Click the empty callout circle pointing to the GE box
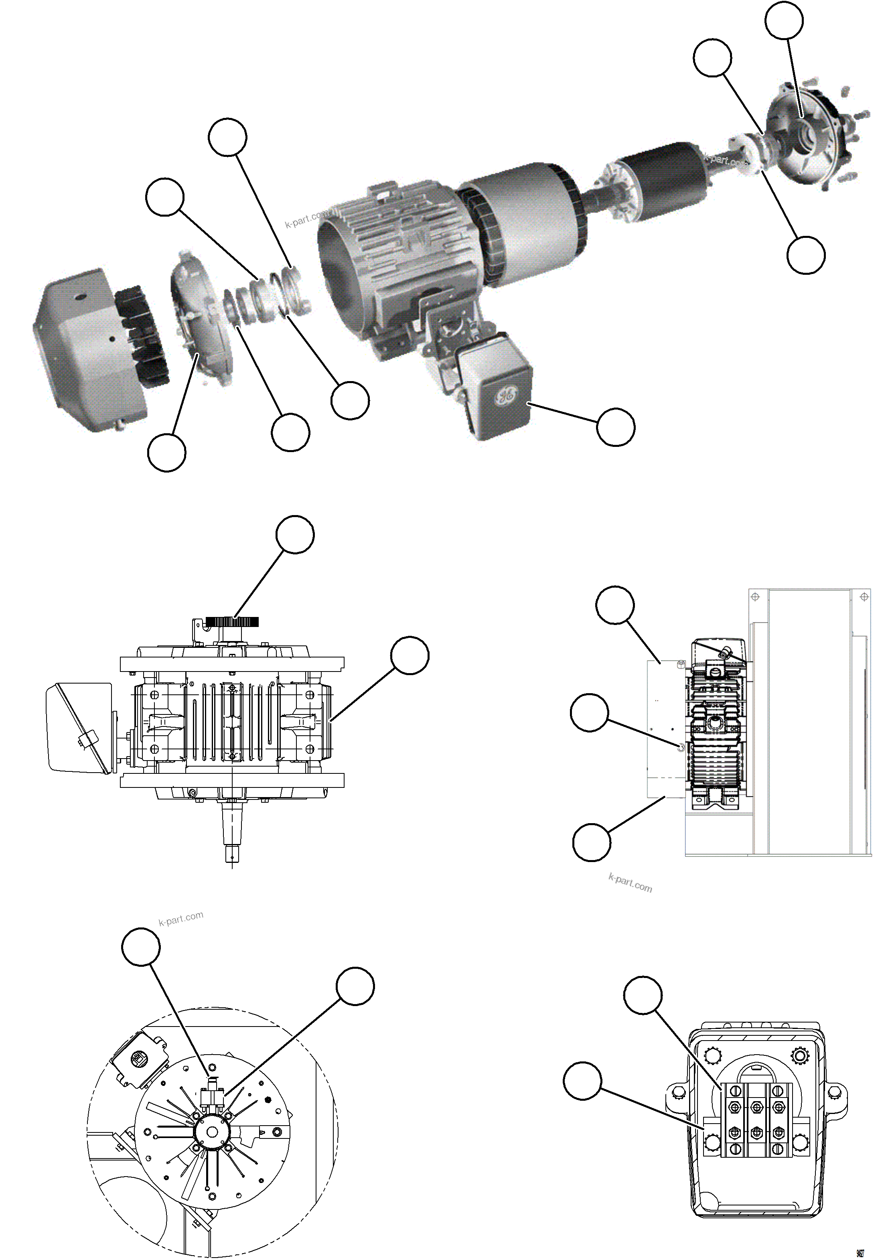(x=616, y=427)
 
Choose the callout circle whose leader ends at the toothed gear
(x=295, y=534)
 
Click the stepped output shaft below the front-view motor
(x=233, y=829)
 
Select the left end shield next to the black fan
(x=202, y=318)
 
